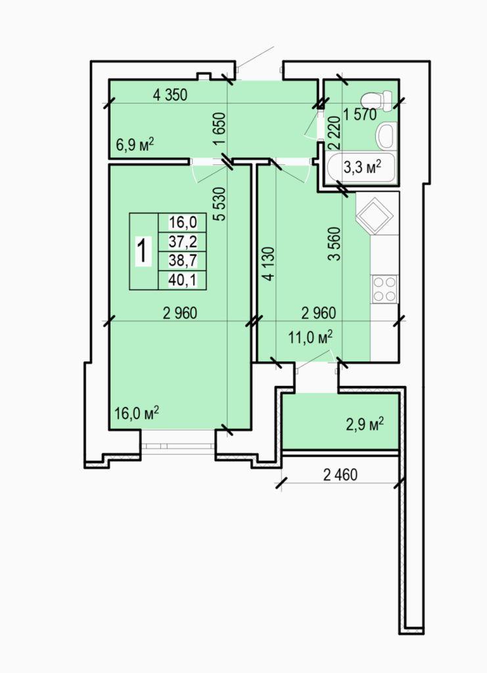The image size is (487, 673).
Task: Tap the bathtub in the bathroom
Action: click(360, 168)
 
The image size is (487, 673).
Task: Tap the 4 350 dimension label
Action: click(170, 95)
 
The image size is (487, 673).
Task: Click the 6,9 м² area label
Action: click(135, 145)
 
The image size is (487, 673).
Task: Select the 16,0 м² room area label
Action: click(137, 413)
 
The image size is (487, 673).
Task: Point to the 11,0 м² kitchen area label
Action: click(311, 337)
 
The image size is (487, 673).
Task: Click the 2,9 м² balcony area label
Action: click(365, 425)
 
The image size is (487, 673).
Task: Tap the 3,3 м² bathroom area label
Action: click(363, 168)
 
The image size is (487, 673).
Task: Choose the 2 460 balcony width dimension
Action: click(340, 475)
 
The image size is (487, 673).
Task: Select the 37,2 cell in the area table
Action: click(183, 242)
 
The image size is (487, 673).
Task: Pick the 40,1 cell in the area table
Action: click(183, 280)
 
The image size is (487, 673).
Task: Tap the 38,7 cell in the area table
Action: click(183, 260)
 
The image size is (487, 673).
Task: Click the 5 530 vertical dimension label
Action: click(220, 204)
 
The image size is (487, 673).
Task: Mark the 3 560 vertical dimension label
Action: click(335, 244)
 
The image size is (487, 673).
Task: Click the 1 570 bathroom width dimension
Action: click(359, 114)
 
